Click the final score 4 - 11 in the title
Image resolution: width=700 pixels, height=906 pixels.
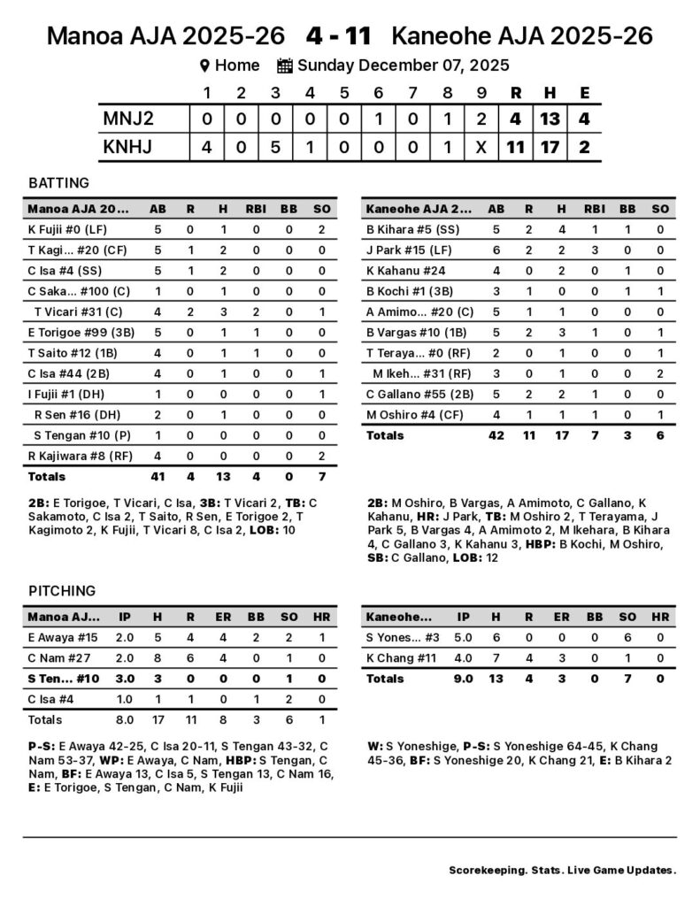pos(338,36)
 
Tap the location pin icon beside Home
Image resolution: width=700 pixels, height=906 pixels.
pos(204,65)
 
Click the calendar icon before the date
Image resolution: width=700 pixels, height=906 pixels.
pos(284,65)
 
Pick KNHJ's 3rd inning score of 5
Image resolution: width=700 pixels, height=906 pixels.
pos(275,147)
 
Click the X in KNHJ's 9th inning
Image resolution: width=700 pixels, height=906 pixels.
pos(481,147)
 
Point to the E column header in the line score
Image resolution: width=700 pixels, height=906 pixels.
pos(583,93)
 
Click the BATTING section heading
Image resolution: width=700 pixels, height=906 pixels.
pos(58,183)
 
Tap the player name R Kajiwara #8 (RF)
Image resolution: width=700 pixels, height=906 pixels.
pos(70,456)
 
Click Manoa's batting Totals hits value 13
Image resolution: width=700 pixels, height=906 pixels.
pos(223,476)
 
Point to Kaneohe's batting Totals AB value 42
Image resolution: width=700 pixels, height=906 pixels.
pos(496,435)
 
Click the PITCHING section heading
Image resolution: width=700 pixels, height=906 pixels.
pos(62,590)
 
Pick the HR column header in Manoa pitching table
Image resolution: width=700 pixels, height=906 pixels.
pos(322,617)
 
